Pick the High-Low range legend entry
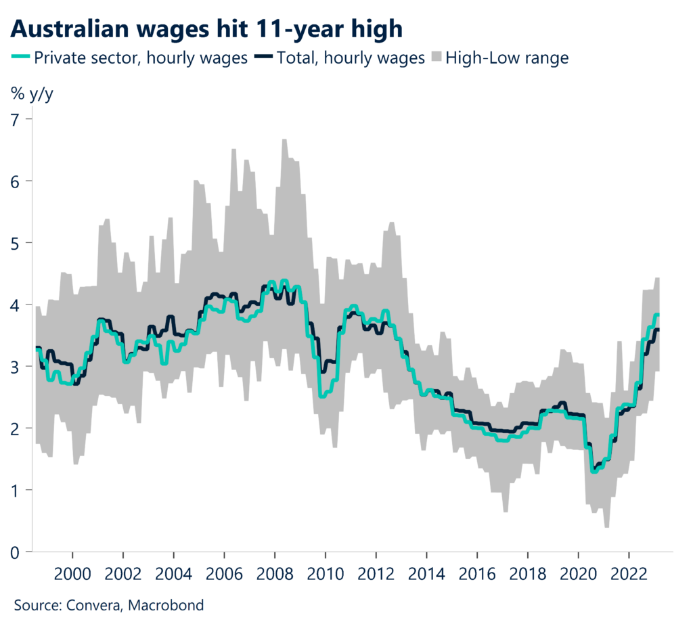[506, 58]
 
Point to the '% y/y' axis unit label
[31, 94]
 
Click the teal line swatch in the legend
[21, 58]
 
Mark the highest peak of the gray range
[284, 140]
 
